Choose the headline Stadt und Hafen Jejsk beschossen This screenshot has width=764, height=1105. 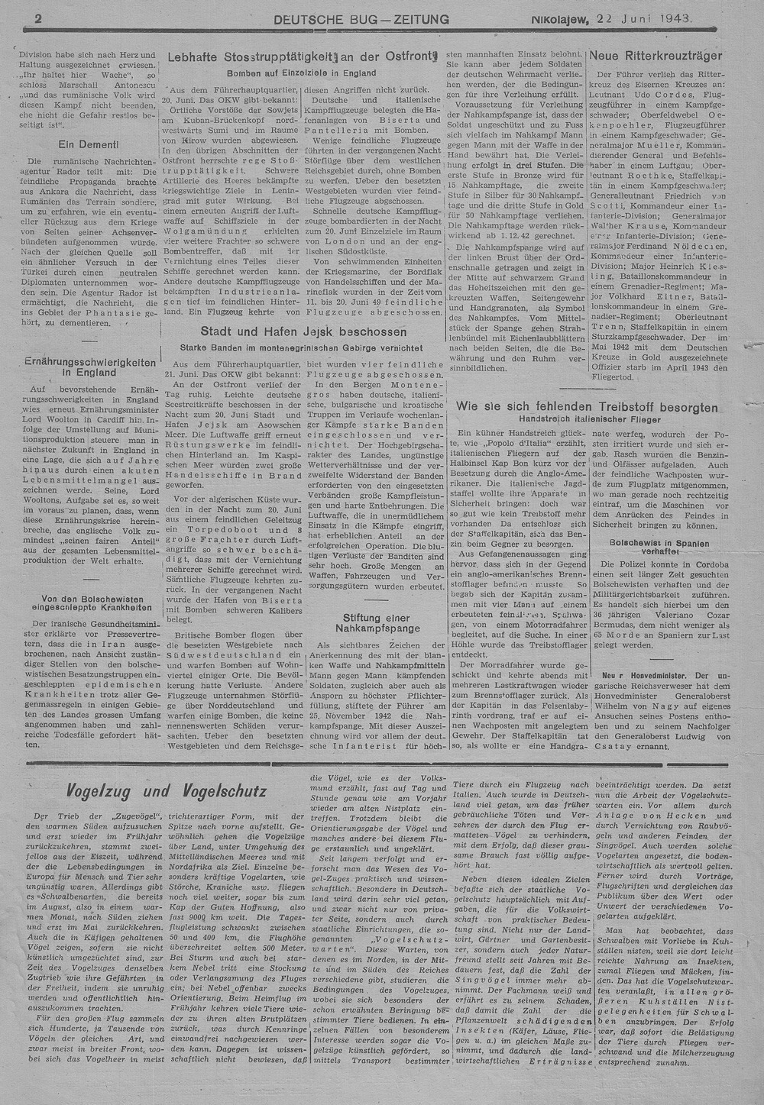tap(303, 331)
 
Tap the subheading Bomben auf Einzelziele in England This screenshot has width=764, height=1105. tap(301, 73)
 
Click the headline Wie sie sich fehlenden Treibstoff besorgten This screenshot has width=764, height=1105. tap(587, 407)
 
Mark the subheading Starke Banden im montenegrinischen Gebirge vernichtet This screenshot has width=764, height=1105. tap(301, 347)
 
